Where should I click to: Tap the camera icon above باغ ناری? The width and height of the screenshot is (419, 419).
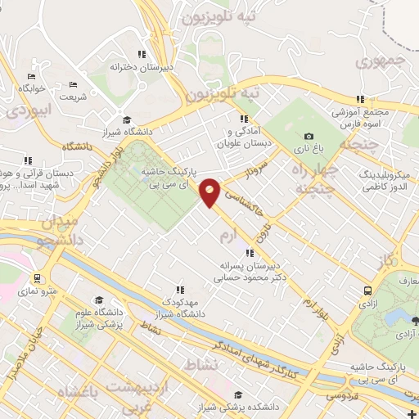pos(309,137)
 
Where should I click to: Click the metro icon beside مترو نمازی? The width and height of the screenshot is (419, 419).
pos(36,277)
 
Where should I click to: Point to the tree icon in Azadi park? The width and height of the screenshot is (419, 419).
pos(414,320)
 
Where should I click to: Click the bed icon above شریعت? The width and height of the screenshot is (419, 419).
pos(73,84)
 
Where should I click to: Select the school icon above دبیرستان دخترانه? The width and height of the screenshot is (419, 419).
pos(142,55)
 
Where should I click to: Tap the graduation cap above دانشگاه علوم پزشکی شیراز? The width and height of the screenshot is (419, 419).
pos(99,300)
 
